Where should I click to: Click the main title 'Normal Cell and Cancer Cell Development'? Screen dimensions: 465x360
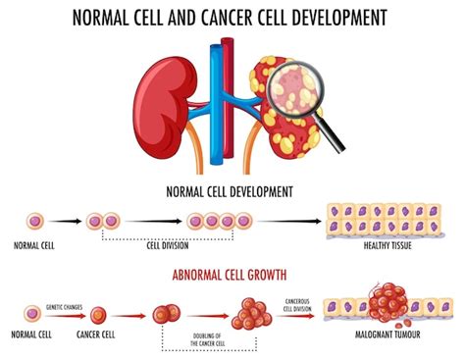pos(232,17)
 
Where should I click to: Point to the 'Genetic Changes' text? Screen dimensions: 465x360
pos(62,303)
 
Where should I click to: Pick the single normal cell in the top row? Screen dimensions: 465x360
pos(33,221)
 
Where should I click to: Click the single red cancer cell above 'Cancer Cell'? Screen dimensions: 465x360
pos(99,315)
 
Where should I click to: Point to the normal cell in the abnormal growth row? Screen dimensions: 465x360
pos(33,315)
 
